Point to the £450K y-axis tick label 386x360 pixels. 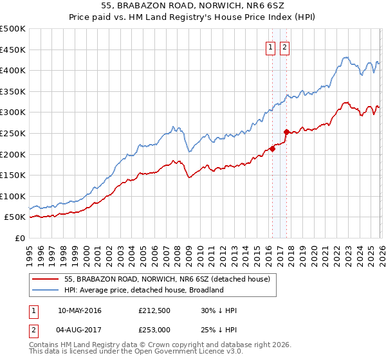tap(13, 50)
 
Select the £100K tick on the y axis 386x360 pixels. tap(13, 196)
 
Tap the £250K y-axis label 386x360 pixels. tap(13, 133)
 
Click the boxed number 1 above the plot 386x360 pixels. tap(271, 47)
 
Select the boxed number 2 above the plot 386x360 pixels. tap(284, 47)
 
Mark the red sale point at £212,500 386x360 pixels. tap(272, 149)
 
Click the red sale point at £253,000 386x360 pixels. tap(286, 132)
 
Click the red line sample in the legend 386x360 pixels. tap(46, 279)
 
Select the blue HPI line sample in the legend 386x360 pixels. tap(46, 290)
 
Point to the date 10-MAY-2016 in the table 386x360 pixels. tap(79, 311)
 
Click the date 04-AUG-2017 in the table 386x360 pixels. tap(79, 330)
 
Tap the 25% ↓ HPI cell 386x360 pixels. tap(219, 330)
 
